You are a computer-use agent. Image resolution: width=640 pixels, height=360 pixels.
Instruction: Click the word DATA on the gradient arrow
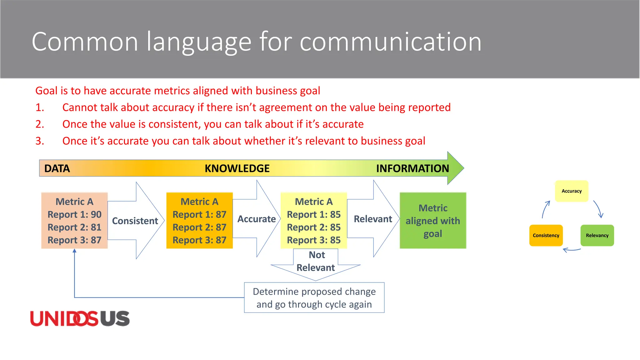pyautogui.click(x=57, y=168)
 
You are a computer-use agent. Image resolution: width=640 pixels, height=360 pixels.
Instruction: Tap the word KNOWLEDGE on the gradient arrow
pyautogui.click(x=237, y=168)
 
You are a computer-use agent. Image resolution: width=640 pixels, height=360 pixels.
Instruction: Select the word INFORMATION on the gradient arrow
pyautogui.click(x=412, y=168)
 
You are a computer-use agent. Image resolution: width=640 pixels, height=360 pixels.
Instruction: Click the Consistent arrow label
pyautogui.click(x=135, y=221)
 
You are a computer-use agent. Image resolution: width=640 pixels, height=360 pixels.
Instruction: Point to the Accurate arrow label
pyautogui.click(x=257, y=219)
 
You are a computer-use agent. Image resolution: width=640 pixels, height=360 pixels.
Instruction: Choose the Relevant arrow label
pyautogui.click(x=373, y=219)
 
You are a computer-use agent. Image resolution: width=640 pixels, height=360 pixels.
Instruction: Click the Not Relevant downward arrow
pyautogui.click(x=316, y=262)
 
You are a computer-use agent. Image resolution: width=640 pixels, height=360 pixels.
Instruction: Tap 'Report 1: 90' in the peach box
pyautogui.click(x=74, y=215)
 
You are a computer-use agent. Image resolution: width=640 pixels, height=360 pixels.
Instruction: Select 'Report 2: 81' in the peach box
pyautogui.click(x=74, y=227)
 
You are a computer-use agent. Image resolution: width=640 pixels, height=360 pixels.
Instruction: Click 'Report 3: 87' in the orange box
pyautogui.click(x=199, y=240)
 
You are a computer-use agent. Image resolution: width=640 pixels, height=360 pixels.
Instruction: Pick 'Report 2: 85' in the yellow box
pyautogui.click(x=314, y=227)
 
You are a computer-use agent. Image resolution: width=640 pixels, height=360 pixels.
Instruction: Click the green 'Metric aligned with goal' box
pyautogui.click(x=433, y=221)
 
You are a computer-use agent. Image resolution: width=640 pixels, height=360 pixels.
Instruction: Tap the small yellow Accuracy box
pyautogui.click(x=572, y=191)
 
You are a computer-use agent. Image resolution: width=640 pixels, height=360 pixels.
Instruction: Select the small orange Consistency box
pyautogui.click(x=546, y=236)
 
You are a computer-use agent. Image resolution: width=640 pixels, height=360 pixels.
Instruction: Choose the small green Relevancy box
pyautogui.click(x=597, y=236)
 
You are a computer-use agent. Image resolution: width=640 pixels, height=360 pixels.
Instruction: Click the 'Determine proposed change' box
pyautogui.click(x=314, y=298)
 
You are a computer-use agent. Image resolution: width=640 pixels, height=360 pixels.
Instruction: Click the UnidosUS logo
pyautogui.click(x=80, y=319)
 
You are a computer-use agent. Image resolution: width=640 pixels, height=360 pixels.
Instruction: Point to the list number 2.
pyautogui.click(x=40, y=124)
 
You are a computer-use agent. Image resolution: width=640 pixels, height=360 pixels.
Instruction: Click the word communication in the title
pyautogui.click(x=390, y=42)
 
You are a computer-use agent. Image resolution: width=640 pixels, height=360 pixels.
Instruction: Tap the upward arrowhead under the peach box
pyautogui.click(x=74, y=251)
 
